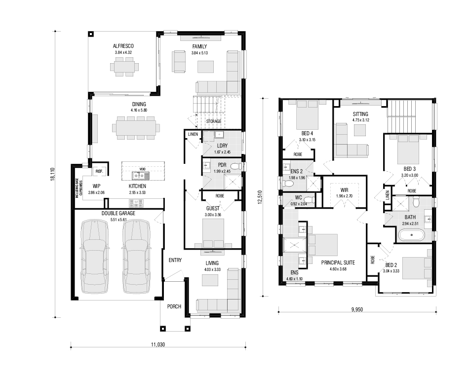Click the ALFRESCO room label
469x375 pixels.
[123, 46]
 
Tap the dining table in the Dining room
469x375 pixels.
[136, 128]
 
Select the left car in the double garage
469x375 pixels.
[94, 256]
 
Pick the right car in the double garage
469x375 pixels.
[136, 256]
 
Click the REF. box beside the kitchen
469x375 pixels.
[99, 171]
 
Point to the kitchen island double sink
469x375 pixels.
[141, 176]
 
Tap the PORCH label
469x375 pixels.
[174, 306]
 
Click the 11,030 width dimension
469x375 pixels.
[158, 344]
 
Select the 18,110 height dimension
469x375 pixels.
[53, 174]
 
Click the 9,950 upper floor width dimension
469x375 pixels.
[357, 309]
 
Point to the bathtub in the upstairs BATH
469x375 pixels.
[412, 235]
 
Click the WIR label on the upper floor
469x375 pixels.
[344, 190]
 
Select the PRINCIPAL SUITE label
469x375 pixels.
[338, 262]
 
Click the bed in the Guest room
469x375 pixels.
[213, 233]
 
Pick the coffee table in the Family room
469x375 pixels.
[205, 67]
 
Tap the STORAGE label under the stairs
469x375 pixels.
[214, 121]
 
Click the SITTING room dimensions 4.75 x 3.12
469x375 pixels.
[360, 120]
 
